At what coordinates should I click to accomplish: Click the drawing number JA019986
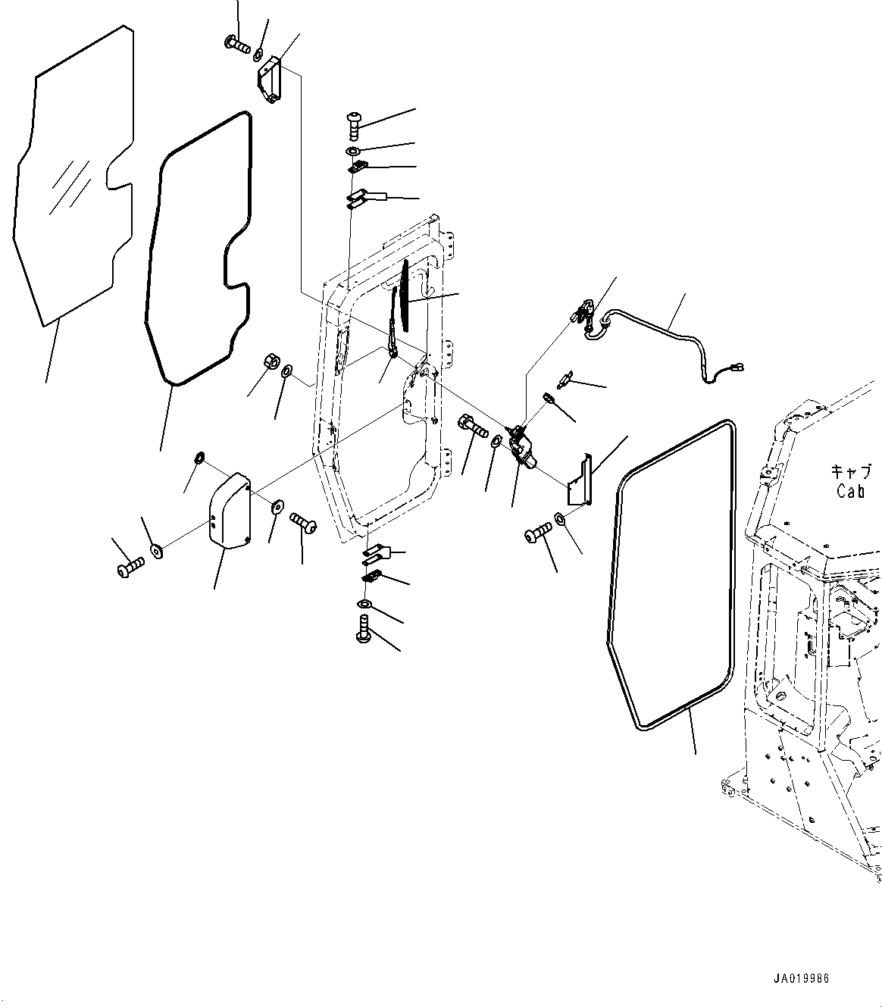(802, 978)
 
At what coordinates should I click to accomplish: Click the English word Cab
(851, 491)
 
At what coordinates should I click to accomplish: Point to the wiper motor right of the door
(524, 447)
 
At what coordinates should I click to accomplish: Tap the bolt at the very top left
(237, 45)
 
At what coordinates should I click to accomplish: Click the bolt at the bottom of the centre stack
(363, 630)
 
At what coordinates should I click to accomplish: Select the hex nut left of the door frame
(269, 361)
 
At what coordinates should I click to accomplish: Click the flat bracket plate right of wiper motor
(579, 479)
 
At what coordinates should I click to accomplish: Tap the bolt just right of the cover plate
(302, 521)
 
